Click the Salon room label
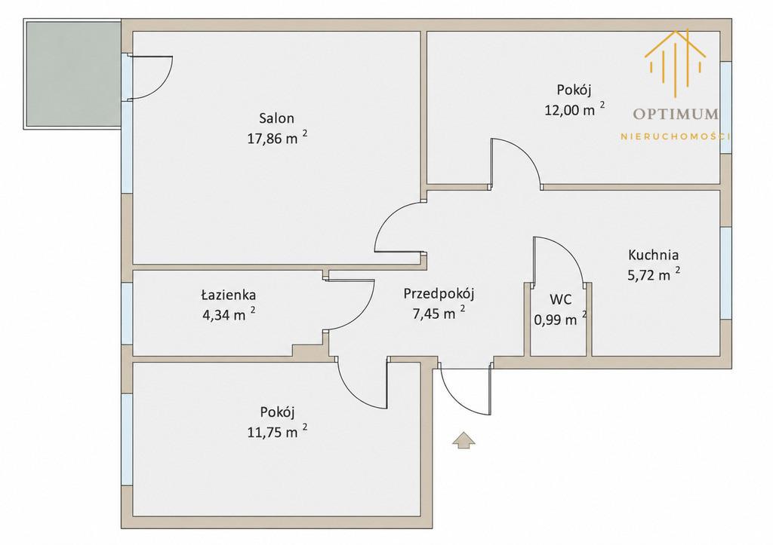click(x=276, y=118)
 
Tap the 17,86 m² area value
click(x=278, y=138)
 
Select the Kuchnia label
click(x=653, y=255)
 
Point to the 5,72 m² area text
click(x=654, y=274)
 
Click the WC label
click(x=561, y=299)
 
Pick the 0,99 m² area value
click(x=561, y=319)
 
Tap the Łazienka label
click(x=228, y=295)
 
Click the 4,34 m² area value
click(x=229, y=314)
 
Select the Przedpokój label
click(x=439, y=294)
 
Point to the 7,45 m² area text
click(x=439, y=313)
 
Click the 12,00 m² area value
click(x=574, y=109)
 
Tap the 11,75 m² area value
click(x=278, y=431)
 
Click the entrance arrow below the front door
click(x=463, y=441)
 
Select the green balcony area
click(x=72, y=74)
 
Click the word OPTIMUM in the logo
click(x=676, y=115)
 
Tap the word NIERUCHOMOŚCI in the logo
click(x=676, y=136)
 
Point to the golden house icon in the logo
click(x=675, y=63)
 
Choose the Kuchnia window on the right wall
click(x=725, y=273)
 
